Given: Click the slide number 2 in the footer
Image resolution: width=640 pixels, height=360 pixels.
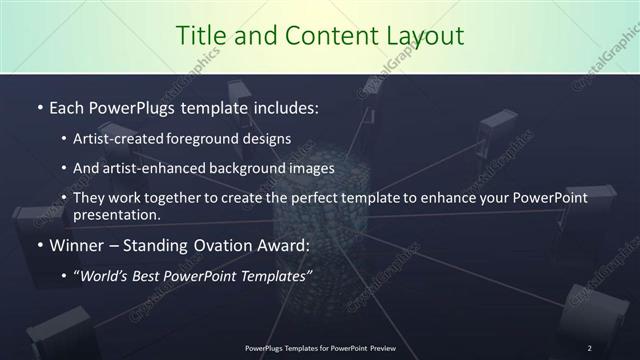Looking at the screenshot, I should (x=590, y=348).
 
